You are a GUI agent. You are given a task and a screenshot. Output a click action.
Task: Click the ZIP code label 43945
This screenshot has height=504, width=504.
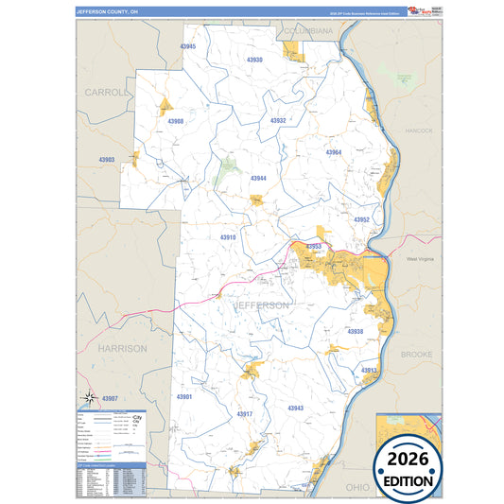coord(187,46)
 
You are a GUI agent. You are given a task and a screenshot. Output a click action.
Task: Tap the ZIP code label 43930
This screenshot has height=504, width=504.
coord(253,60)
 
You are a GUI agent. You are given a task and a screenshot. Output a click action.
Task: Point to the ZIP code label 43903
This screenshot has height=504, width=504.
coord(106,160)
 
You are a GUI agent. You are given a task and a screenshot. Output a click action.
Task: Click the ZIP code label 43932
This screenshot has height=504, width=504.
coord(277,121)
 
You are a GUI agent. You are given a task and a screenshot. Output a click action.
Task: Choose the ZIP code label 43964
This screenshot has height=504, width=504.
coord(333,152)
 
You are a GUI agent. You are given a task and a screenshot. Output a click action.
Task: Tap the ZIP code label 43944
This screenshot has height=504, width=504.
coord(258,178)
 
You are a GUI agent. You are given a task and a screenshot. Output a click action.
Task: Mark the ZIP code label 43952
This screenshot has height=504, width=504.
coord(361,219)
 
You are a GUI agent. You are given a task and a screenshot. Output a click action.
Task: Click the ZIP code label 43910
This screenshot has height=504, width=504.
coord(228,237)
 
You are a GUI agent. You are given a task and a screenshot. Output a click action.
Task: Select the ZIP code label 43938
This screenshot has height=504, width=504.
coord(356,332)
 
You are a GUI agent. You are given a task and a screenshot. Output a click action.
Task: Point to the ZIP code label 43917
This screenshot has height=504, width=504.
coord(244,414)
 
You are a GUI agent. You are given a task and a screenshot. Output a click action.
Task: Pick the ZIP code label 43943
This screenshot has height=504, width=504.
coord(295,407)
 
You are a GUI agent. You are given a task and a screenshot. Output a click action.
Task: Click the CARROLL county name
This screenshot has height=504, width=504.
coord(104,93)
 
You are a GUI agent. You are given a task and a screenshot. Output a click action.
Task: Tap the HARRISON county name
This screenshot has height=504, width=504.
coord(122,348)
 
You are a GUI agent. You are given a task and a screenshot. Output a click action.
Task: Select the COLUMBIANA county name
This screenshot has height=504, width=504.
coord(308,31)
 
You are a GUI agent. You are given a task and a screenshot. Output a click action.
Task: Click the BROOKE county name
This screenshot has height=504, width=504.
coord(416,354)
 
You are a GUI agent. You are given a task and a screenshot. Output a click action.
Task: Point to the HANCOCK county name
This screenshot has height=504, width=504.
coord(417,130)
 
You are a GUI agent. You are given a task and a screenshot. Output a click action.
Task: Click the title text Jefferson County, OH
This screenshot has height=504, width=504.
coord(106,12)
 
